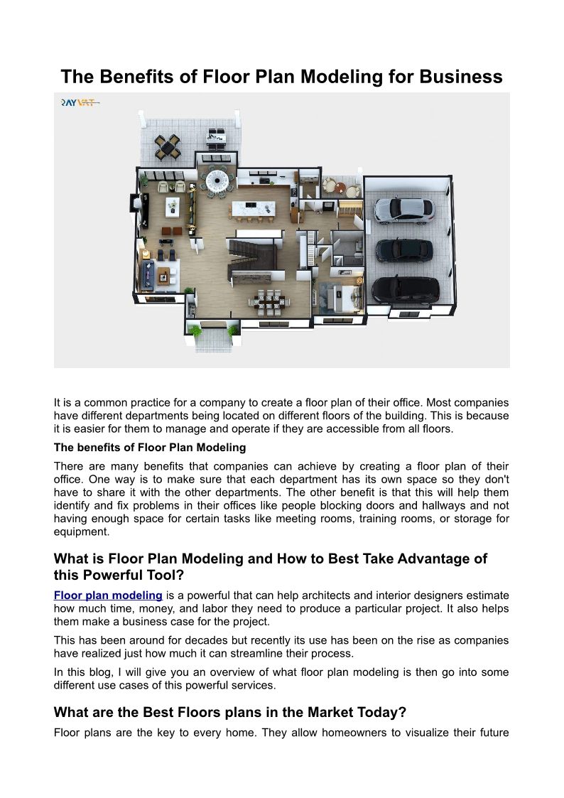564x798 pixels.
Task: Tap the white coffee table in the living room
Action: click(172, 206)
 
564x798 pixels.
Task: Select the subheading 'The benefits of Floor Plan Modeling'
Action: click(150, 448)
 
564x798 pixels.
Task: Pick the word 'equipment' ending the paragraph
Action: click(82, 531)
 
